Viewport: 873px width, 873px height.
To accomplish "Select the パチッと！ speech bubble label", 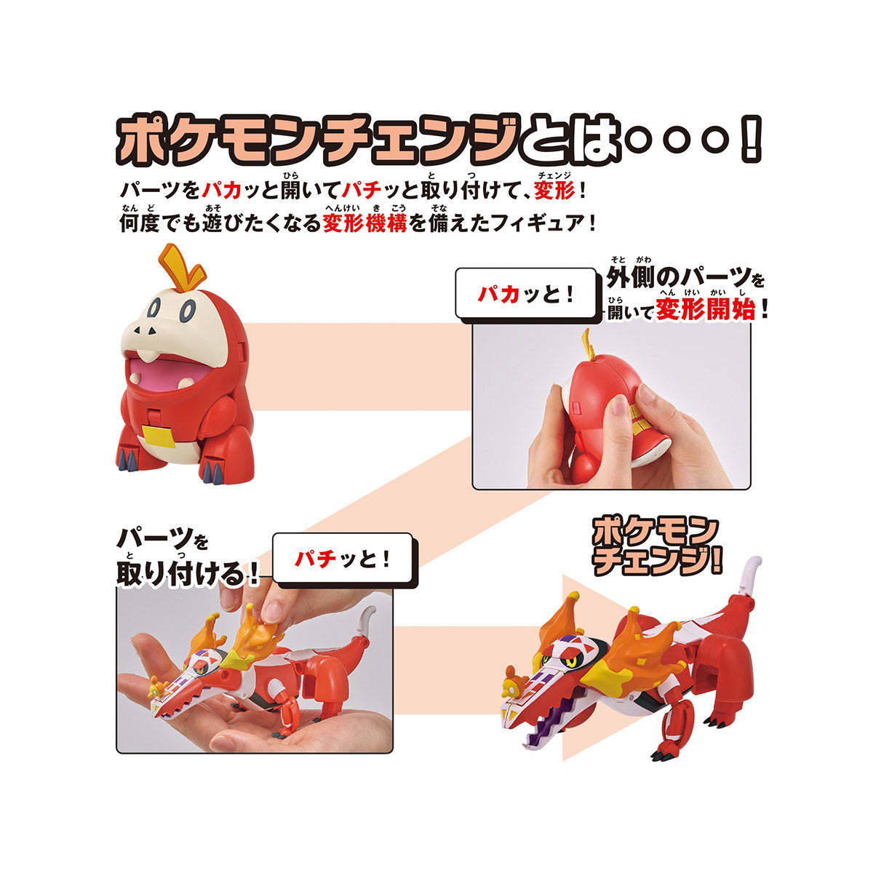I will [x=343, y=559].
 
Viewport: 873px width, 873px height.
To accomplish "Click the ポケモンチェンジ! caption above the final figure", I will [x=646, y=546].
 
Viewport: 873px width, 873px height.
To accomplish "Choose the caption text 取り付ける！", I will [x=188, y=575].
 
